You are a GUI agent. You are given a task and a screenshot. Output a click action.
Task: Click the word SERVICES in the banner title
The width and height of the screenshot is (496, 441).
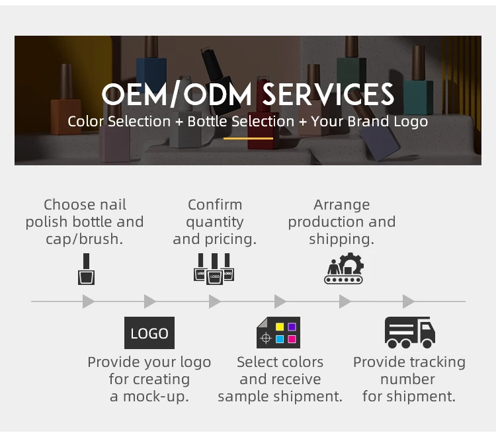click(329, 95)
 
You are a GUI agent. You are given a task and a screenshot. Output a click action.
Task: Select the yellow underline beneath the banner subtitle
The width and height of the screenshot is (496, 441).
click(248, 138)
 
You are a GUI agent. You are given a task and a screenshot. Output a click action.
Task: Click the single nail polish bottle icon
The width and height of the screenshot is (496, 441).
click(86, 270)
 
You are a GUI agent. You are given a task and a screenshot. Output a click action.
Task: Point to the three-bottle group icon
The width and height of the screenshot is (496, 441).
click(214, 268)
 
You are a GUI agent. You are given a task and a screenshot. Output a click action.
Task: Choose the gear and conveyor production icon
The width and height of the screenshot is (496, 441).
click(344, 268)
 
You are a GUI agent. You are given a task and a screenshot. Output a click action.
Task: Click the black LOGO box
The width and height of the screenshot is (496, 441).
click(149, 333)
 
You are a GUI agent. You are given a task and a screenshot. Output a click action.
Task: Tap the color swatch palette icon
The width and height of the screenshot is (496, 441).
click(278, 333)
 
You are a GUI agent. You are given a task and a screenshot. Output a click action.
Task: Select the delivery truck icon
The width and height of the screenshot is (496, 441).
click(409, 333)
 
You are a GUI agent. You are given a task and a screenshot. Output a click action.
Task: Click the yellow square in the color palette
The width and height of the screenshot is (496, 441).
click(280, 327)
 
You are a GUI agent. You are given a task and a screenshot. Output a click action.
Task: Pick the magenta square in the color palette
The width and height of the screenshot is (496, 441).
click(292, 339)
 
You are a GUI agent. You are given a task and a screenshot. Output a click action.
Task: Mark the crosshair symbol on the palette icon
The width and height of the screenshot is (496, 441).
click(266, 339)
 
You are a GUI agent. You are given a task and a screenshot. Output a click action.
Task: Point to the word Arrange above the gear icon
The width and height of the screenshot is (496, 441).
click(342, 205)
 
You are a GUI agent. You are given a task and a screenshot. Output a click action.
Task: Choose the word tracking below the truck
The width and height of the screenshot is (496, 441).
click(437, 362)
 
